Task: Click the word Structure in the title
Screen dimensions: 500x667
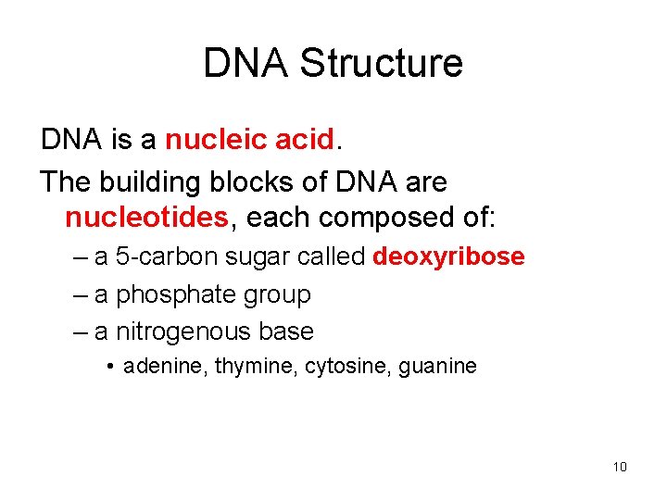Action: [382, 63]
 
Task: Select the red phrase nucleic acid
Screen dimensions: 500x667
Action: [249, 140]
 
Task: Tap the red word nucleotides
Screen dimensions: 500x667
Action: [146, 218]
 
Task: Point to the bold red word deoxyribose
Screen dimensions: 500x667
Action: [448, 256]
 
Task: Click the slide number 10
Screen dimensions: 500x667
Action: [620, 467]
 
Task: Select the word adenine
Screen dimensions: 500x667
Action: [166, 367]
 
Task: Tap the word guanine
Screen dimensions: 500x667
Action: [437, 367]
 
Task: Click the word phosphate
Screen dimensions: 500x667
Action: [175, 295]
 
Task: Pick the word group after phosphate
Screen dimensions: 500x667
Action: [276, 295]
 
